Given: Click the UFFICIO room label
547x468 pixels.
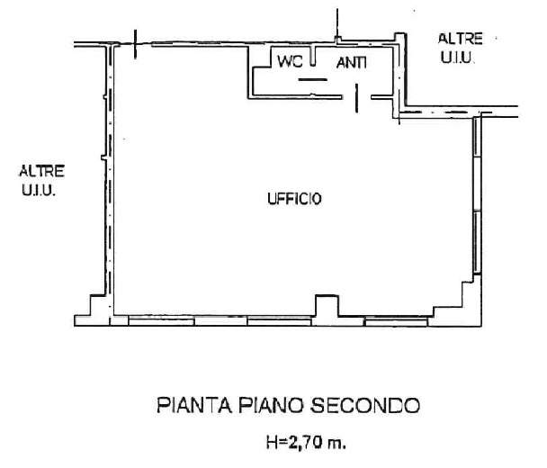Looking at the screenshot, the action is coord(294,199).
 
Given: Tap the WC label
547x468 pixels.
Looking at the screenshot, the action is coord(290,62).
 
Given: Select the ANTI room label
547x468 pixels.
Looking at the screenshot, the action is coord(351,63).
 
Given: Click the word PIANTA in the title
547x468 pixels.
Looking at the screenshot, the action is coord(194,405).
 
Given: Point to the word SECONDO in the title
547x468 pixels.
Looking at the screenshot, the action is coord(365,405).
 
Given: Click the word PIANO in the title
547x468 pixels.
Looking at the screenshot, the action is coord(271,405).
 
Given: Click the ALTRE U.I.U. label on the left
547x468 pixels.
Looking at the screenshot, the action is coord(41,180).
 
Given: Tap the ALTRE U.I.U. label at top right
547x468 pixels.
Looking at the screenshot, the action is coord(460,48).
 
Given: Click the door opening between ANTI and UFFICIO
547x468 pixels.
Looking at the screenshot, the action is coord(356,97).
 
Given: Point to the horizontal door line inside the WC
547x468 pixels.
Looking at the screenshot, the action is coord(312,79).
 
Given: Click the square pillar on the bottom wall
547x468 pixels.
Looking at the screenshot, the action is coord(327,306).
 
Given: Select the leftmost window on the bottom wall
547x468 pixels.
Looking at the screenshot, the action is coord(161,320).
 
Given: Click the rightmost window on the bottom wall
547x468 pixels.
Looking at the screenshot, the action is coord(396,321).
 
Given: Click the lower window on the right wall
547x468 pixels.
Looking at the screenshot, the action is coord(477,242).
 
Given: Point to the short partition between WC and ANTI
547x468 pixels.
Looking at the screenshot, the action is coord(313,56).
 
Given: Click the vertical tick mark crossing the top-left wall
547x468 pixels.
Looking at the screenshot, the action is coord(135,44).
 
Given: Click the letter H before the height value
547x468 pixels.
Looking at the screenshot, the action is coord(272,443).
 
